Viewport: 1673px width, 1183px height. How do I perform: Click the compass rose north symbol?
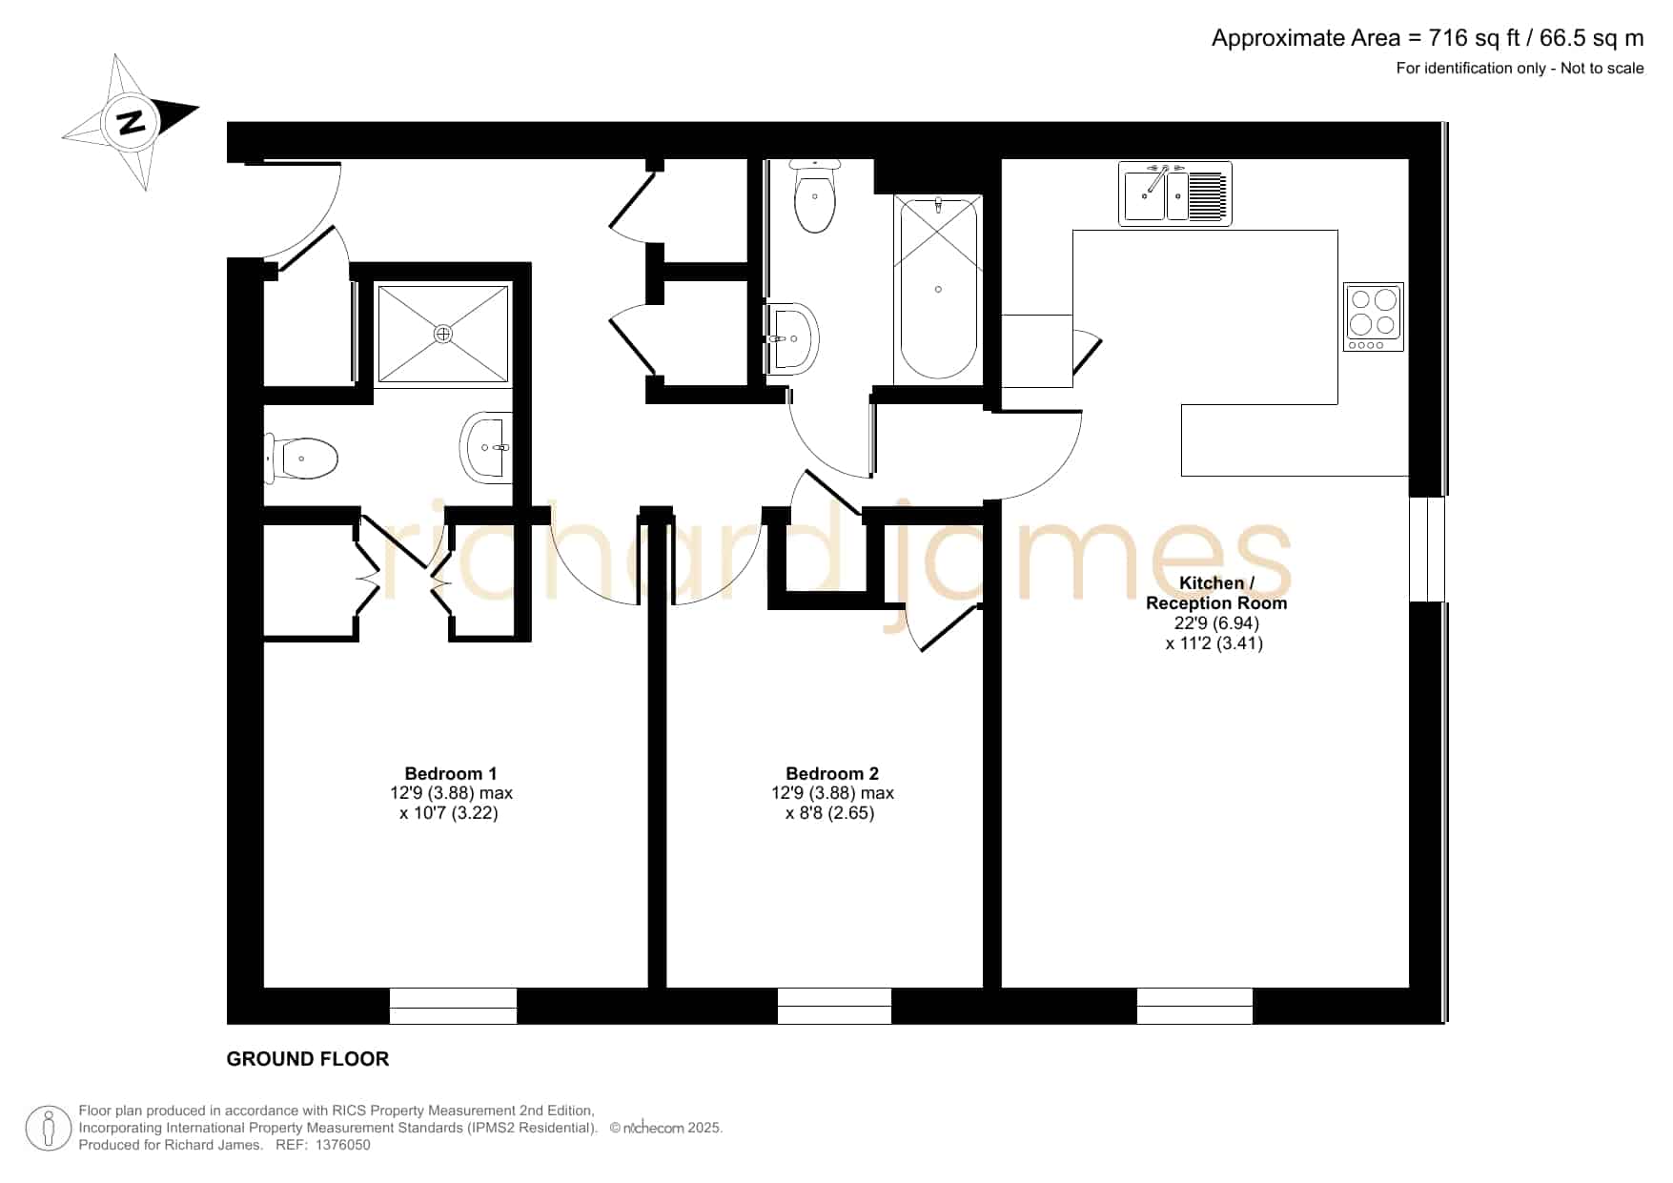click(x=131, y=122)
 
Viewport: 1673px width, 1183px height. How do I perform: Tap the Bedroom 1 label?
click(x=450, y=773)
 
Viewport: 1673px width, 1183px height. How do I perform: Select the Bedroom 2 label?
click(x=832, y=773)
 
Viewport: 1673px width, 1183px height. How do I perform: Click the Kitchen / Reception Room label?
click(x=1216, y=593)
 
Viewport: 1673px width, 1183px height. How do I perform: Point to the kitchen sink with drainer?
click(x=1175, y=194)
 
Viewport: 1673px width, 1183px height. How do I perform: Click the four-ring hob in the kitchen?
click(x=1374, y=316)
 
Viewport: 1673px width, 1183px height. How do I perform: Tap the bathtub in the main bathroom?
click(x=938, y=287)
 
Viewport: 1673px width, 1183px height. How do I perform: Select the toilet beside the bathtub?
click(x=815, y=195)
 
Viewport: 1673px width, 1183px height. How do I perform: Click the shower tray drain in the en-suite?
click(x=442, y=334)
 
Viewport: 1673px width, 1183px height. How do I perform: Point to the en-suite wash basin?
click(x=486, y=446)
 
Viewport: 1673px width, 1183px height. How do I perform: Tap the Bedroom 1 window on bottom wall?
click(x=453, y=1006)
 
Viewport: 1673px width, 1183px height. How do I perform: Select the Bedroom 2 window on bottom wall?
click(x=834, y=1006)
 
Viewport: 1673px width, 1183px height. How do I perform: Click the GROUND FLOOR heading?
click(x=308, y=1059)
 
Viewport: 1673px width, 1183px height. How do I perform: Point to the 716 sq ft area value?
click(x=1474, y=38)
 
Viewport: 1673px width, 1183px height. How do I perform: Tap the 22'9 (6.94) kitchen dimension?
click(x=1216, y=622)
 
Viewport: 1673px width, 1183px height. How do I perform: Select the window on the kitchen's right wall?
click(x=1428, y=549)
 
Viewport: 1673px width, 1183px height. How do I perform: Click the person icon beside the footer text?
click(x=48, y=1128)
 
